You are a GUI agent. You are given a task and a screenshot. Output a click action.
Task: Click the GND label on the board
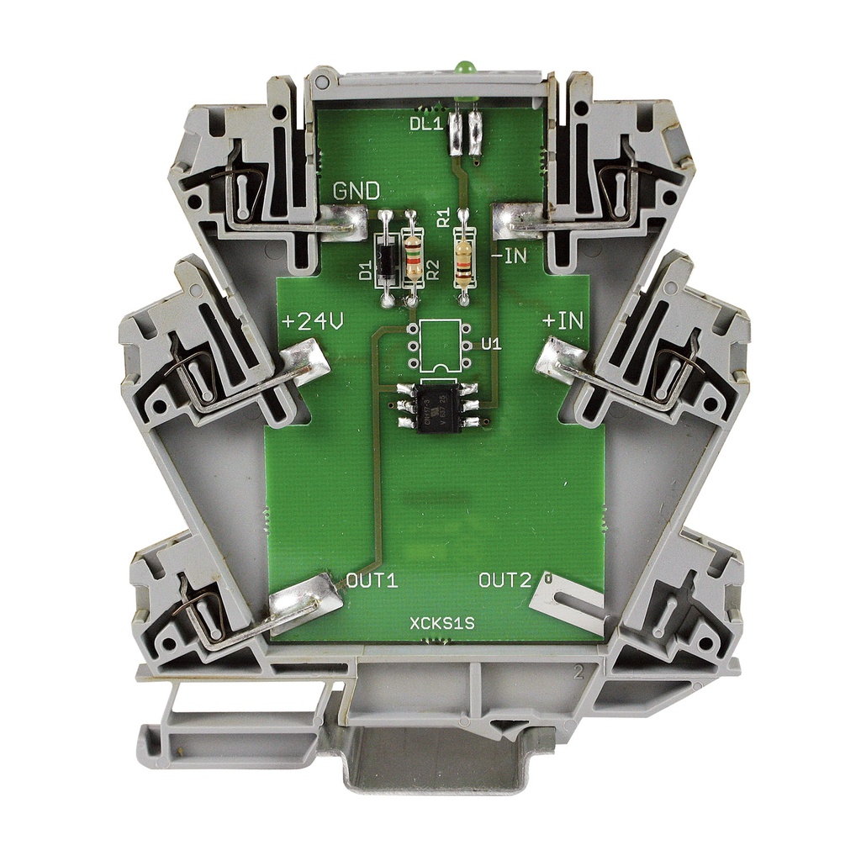pyautogui.click(x=357, y=191)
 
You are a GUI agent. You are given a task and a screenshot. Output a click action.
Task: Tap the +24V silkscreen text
pyautogui.click(x=310, y=322)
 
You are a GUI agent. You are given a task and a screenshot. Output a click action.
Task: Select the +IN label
pyautogui.click(x=560, y=321)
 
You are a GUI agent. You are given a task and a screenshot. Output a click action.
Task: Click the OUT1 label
pyautogui.click(x=372, y=580)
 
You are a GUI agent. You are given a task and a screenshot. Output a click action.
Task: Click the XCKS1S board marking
pyautogui.click(x=442, y=624)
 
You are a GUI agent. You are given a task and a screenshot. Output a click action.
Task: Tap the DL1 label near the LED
pyautogui.click(x=426, y=124)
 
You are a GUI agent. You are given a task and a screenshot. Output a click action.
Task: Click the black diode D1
pyautogui.click(x=386, y=260)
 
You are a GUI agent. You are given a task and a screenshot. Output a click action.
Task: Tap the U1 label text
pyautogui.click(x=492, y=344)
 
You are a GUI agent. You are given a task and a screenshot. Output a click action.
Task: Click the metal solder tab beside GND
pyautogui.click(x=344, y=223)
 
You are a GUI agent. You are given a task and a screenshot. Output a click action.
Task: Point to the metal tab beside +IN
pyautogui.click(x=563, y=362)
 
